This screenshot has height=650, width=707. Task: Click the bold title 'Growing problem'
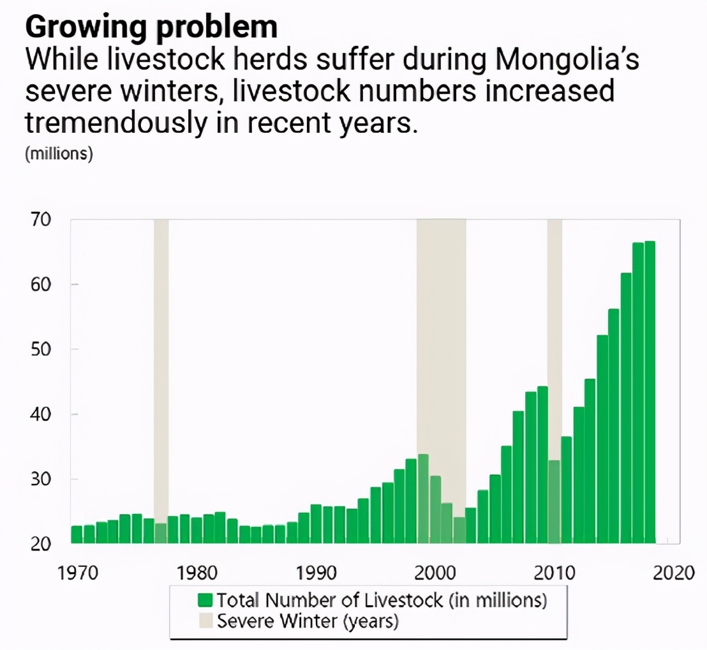151,27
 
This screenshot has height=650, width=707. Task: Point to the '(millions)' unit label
59,155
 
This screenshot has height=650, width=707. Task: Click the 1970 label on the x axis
78,572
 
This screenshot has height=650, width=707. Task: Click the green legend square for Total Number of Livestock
205,600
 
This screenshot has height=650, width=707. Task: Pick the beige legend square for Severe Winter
205,621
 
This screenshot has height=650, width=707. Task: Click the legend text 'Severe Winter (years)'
308,621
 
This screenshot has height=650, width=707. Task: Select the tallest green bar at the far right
650,392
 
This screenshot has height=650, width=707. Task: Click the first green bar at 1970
77,534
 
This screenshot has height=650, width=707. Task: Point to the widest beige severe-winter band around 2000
441,332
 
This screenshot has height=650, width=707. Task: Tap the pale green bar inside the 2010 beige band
554,502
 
